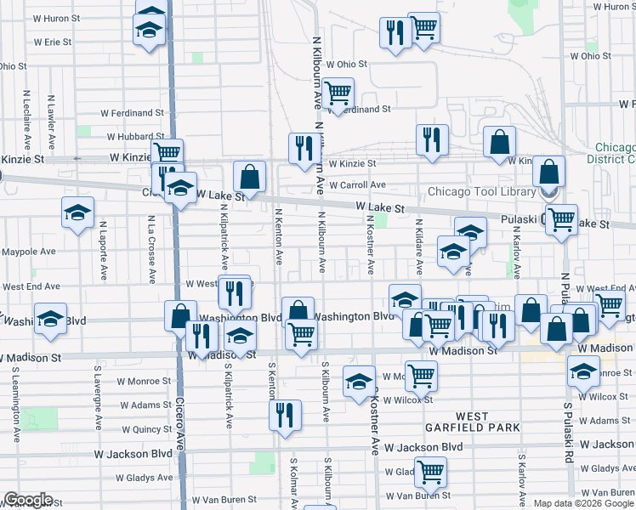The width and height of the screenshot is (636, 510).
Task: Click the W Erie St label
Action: pos(53,42)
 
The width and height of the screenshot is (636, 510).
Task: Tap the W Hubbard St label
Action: pos(135,136)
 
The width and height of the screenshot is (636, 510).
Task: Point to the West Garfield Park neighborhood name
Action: pos(472,422)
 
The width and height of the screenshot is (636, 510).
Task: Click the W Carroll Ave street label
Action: pos(357,184)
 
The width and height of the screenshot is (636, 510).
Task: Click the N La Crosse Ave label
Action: pos(150,248)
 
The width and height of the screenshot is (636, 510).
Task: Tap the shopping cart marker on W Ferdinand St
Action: pos(338,92)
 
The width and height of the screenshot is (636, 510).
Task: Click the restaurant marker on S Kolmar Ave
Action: pos(284,415)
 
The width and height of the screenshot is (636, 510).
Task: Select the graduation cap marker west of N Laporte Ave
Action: pos(77,212)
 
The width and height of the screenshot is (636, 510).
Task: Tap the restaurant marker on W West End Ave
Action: pos(234,292)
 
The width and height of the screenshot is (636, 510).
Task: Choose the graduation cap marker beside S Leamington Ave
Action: pos(50,318)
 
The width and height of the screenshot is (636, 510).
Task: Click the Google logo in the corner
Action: pos(28,500)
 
